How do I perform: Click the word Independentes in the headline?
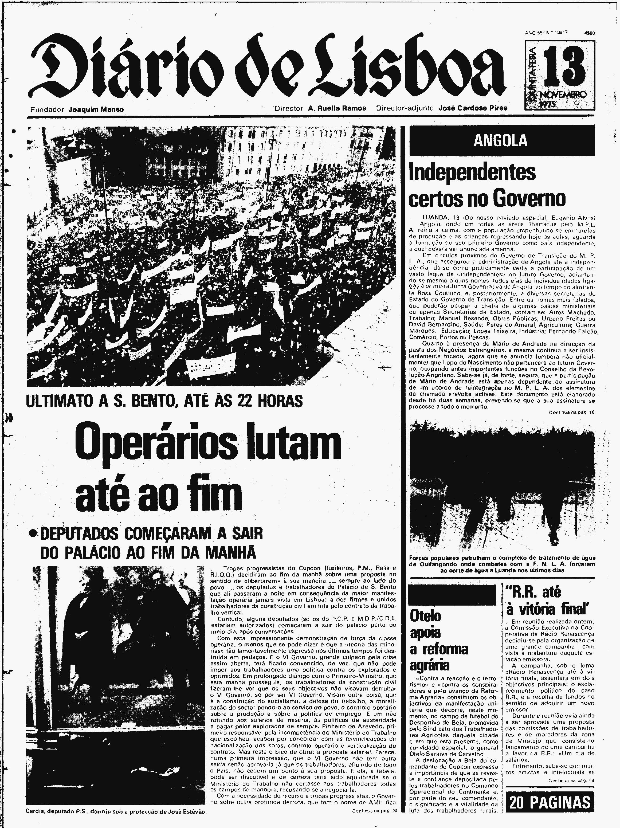472,173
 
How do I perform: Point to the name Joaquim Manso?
96,109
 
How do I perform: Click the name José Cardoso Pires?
473,108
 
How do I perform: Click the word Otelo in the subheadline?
425,616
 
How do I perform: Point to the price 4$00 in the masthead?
589,33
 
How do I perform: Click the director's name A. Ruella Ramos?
337,108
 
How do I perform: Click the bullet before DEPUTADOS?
34,535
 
